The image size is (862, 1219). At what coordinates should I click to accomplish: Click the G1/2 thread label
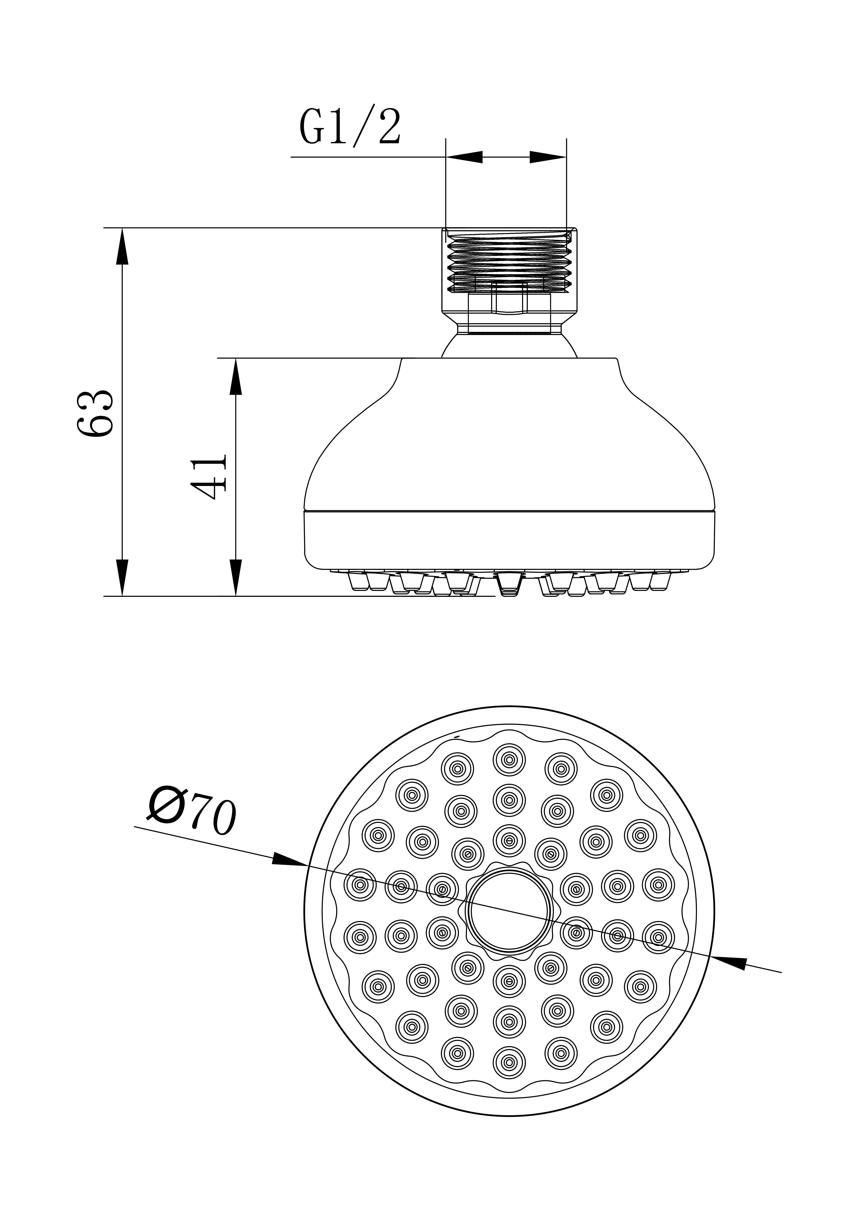coord(349,127)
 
